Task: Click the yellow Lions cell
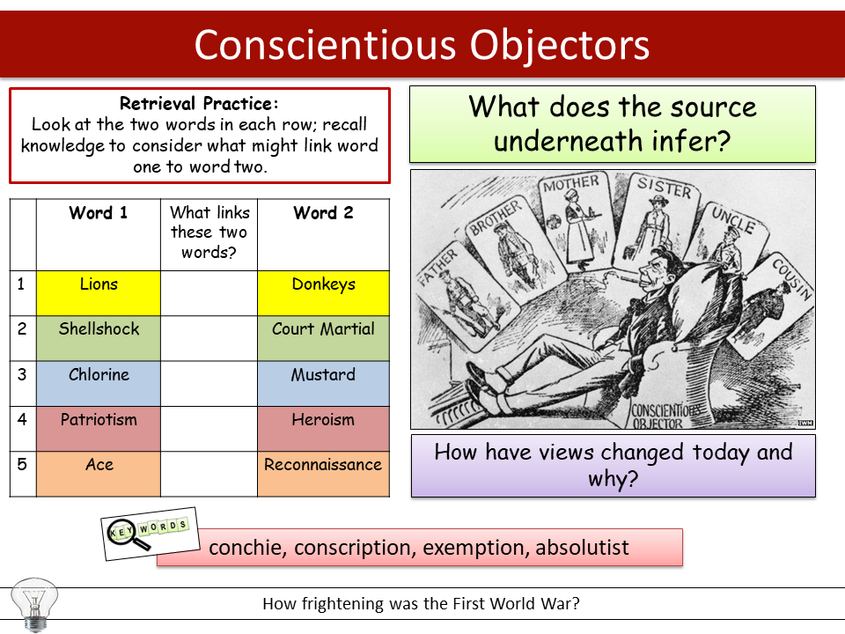[x=99, y=292]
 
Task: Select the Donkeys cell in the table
[x=323, y=292]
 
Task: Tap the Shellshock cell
[x=99, y=338]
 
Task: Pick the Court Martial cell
[x=323, y=338]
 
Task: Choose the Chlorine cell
[x=99, y=383]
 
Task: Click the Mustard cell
[x=323, y=383]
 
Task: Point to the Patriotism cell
[x=99, y=429]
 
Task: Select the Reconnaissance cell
[x=323, y=474]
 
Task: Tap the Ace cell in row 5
[x=99, y=474]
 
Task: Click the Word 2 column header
[x=323, y=214]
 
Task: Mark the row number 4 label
[x=23, y=419]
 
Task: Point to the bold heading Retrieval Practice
[x=199, y=102]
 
